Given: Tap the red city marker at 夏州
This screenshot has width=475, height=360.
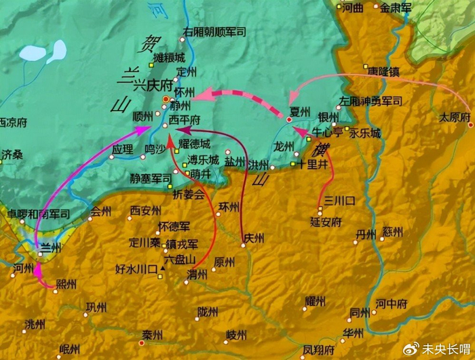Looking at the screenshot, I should (289, 119).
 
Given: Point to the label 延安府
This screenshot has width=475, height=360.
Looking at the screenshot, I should (324, 221).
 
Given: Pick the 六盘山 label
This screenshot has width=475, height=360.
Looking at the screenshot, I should (181, 260).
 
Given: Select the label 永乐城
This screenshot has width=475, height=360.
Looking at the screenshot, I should (365, 134).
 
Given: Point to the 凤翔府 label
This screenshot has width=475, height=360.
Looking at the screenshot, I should (318, 350).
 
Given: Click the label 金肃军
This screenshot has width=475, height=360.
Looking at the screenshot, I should (396, 8).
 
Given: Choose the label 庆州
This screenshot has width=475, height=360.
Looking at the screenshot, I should (253, 237).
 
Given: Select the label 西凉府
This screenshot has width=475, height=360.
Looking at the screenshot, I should (12, 123).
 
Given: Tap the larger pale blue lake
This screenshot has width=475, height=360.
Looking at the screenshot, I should (32, 52).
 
